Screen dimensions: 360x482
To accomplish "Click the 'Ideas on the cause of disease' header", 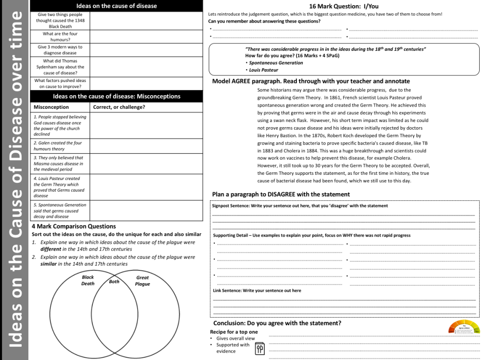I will point(116,6).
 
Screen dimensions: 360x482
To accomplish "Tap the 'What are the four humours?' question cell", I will point(60,37).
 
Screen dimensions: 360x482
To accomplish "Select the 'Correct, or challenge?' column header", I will point(119,107).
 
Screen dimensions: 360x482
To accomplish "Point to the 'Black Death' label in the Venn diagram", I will point(88,280).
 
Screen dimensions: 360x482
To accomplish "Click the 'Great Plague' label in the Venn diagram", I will point(142,281).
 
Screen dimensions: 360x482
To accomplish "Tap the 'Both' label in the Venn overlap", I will point(114,281).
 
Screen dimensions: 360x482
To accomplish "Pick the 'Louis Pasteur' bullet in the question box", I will point(263,70).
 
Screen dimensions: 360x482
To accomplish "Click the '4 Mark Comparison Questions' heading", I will point(74,226).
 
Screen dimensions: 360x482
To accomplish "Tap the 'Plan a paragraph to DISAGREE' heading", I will point(281,194).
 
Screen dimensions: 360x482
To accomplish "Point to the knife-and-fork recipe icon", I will point(260,349).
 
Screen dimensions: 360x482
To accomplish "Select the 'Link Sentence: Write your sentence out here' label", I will point(257,291).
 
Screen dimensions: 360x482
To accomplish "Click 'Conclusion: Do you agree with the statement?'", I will point(277,323).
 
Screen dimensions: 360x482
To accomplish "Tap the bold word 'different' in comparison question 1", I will point(50,249).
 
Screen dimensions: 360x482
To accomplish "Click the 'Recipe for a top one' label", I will point(234,332).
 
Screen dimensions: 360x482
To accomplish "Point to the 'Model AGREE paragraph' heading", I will point(311,81).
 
